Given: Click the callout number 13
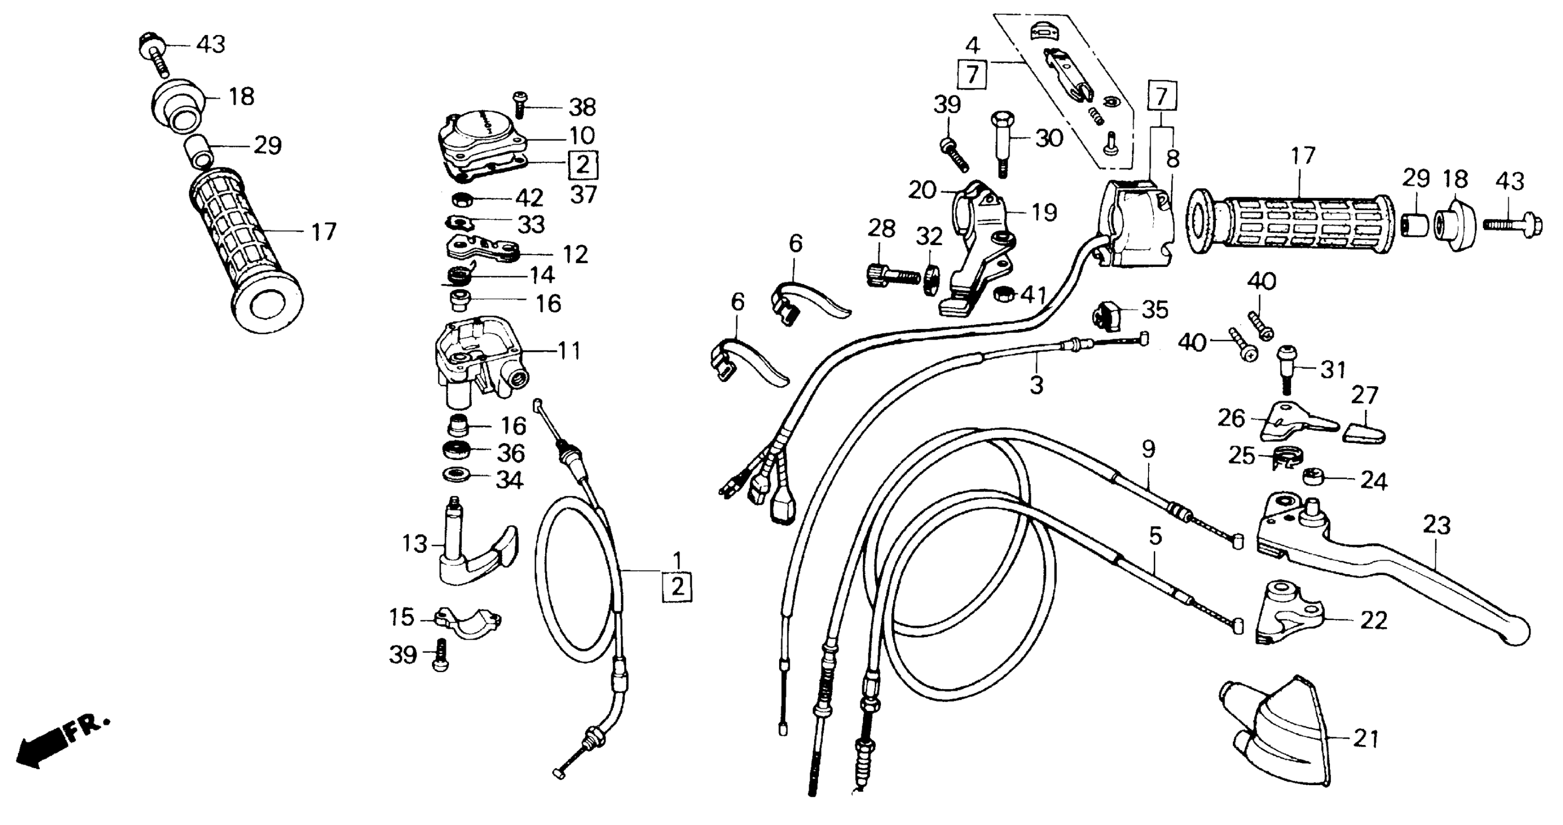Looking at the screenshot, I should click(415, 544).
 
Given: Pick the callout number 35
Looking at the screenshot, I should click(1155, 310).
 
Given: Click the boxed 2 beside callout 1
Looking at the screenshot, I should click(677, 587).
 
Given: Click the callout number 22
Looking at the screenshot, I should click(1374, 621).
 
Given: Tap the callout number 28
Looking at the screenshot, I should click(881, 229).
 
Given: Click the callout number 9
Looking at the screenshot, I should click(1148, 449).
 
